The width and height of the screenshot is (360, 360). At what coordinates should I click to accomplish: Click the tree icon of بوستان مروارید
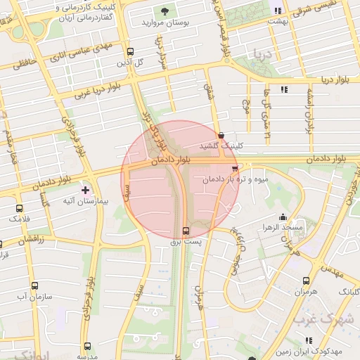[165, 11]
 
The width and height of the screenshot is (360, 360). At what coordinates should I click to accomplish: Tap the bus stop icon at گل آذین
[130, 51]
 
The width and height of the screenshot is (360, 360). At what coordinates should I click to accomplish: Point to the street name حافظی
[22, 64]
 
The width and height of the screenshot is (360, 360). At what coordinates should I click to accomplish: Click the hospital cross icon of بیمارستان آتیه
[86, 190]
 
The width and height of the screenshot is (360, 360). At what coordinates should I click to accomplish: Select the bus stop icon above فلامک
[19, 208]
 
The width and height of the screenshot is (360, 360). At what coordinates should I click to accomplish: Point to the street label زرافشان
[31, 240]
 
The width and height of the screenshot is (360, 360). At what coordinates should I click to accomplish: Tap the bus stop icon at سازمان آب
[34, 285]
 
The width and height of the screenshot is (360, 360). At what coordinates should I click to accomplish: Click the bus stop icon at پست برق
[186, 231]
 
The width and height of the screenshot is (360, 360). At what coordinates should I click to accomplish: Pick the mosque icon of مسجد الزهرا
[283, 217]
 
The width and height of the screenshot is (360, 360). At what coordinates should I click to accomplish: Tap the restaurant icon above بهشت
[278, 11]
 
